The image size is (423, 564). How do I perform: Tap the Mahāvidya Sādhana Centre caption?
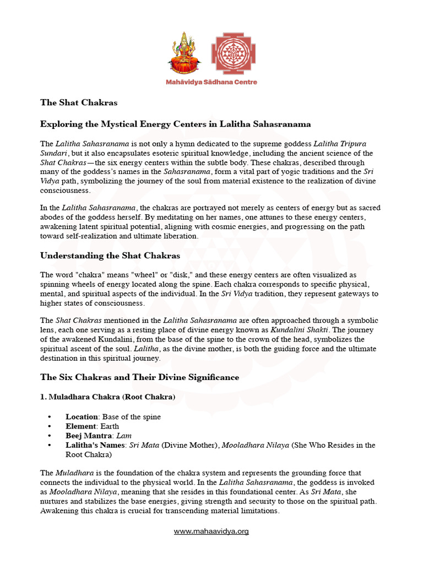pos(211,82)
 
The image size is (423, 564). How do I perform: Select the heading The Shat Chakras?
pos(79,102)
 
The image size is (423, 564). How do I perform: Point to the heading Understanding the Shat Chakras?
pos(110,256)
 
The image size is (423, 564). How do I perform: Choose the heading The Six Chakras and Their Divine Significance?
pos(140,377)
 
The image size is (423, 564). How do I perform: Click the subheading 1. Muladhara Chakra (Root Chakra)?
pos(109,397)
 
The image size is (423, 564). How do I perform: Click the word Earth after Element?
pos(110,426)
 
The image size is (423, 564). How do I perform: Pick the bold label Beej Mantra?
pos(88,436)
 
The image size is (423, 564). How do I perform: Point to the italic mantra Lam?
pos(124,436)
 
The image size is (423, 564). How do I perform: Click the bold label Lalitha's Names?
pos(95,445)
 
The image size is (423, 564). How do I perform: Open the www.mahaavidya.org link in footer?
pos(211,532)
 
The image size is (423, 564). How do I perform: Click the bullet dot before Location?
pos(51,417)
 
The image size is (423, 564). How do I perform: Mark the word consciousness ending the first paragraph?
pos(65,191)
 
